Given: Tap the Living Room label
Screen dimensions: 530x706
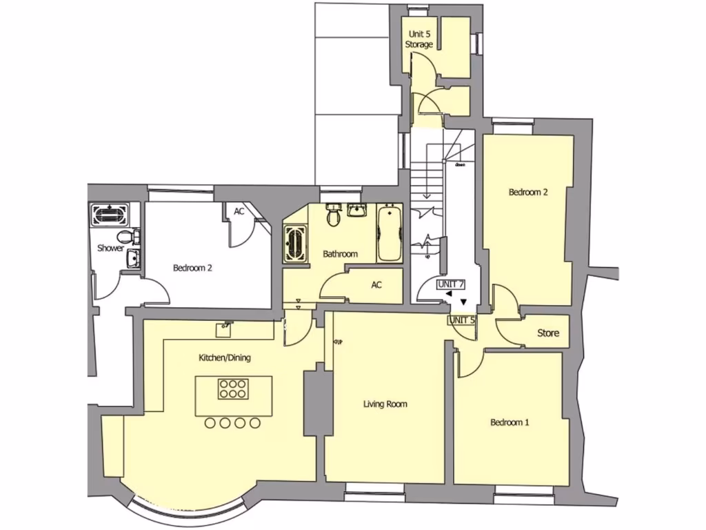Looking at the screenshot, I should [385, 404].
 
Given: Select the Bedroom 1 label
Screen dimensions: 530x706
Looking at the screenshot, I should [510, 422].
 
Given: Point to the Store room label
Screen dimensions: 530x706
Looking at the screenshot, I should [548, 333].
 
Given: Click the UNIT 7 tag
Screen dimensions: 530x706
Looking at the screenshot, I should [452, 284].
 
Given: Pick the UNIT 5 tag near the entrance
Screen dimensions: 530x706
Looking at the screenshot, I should [462, 320].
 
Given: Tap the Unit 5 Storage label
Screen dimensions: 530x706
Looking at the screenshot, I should [419, 39].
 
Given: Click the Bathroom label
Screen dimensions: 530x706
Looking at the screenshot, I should [341, 254].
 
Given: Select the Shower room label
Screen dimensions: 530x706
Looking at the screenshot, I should [110, 248].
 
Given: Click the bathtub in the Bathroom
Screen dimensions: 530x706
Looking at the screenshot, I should [389, 233].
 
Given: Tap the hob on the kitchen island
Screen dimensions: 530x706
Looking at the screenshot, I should [233, 389].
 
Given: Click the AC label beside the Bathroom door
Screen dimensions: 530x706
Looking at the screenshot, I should [376, 284].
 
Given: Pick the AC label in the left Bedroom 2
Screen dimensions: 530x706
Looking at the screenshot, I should [239, 211].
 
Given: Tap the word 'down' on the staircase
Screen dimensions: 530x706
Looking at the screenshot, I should [459, 165].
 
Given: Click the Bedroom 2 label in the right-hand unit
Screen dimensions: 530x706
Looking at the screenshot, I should [528, 193].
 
